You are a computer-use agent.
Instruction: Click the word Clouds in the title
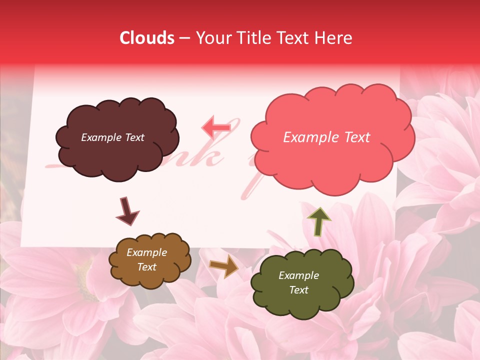coord(147,38)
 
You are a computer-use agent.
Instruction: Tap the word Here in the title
coord(334,38)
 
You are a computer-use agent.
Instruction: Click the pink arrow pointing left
coord(216,127)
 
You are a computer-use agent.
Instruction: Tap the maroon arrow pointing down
coord(127,211)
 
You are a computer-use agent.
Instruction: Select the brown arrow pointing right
coord(224,266)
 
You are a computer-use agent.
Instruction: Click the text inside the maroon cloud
coord(112,137)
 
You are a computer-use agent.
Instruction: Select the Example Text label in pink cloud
coord(326,137)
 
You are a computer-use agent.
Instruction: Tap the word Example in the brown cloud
coord(146,252)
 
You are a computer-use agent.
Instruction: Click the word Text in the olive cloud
coord(298,290)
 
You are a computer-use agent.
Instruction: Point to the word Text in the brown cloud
coord(146,267)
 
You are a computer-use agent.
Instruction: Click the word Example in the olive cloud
coord(298,275)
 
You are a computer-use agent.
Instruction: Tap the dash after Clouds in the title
coord(183,38)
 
